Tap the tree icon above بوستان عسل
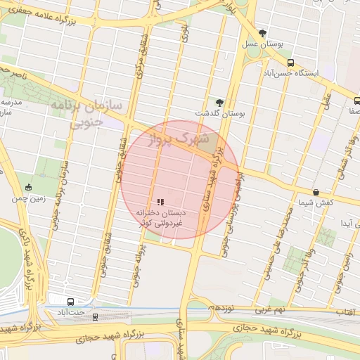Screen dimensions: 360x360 point(263,33)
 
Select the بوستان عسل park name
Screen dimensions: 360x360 point(263,44)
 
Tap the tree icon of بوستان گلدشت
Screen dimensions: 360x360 point(219,102)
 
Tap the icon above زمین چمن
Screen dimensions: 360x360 point(28,187)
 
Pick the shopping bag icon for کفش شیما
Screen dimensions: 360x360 point(316,192)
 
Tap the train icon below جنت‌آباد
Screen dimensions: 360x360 point(95,316)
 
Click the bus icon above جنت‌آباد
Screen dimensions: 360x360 point(70,301)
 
